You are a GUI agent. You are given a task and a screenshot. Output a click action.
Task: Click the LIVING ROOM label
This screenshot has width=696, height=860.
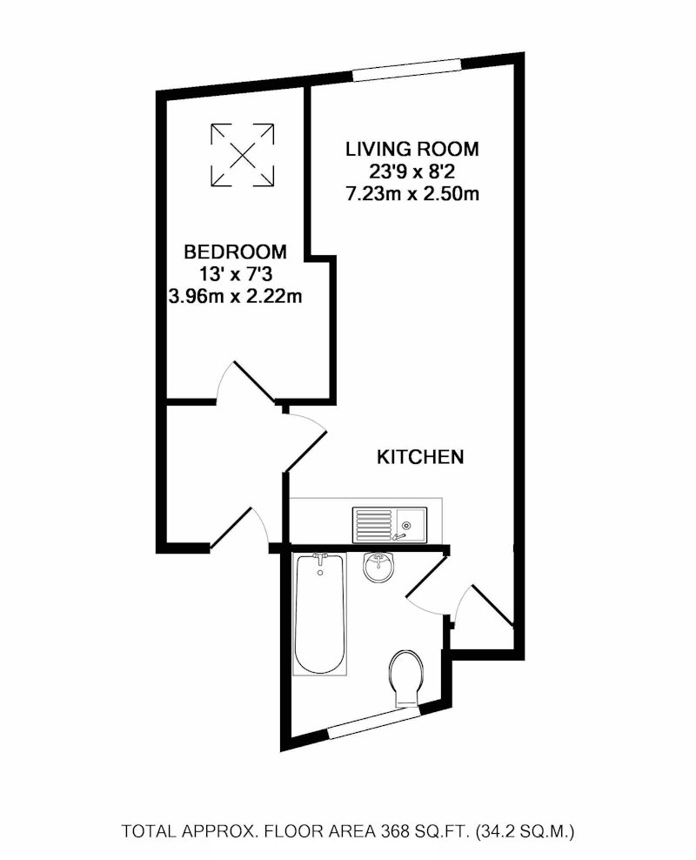tap(412, 149)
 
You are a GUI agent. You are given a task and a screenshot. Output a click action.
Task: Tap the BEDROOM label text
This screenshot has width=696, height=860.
tap(235, 252)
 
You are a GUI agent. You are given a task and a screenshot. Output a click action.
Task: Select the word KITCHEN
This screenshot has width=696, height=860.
tap(420, 457)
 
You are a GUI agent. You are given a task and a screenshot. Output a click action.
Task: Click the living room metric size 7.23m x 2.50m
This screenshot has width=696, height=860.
tap(412, 194)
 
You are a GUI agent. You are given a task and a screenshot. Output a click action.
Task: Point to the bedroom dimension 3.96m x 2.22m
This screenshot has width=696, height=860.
tap(235, 297)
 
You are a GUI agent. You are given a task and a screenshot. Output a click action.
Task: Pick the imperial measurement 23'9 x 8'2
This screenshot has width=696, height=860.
tap(412, 171)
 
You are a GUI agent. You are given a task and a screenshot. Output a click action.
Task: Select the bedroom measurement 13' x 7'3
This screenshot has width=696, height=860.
tap(236, 274)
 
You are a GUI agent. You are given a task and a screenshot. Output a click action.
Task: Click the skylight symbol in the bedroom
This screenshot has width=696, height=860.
tap(242, 155)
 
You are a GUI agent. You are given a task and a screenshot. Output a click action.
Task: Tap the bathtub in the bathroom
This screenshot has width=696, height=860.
tap(321, 614)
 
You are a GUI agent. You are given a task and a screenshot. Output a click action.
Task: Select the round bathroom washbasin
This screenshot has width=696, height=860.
tap(378, 568)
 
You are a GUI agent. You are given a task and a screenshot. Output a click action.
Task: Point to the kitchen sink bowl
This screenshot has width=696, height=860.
tap(410, 524)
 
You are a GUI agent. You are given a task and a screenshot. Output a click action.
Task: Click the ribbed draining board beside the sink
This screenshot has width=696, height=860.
tap(373, 524)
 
